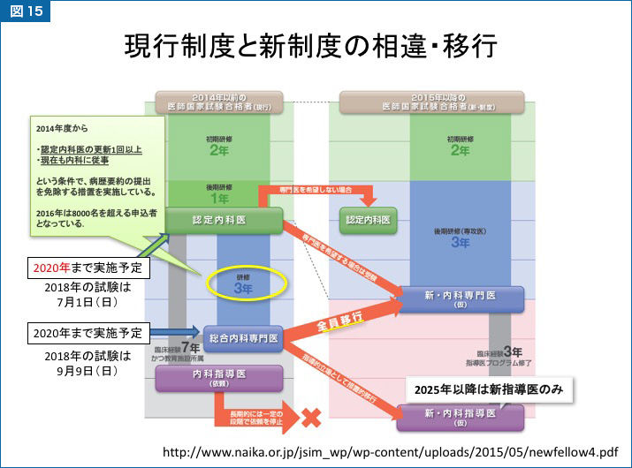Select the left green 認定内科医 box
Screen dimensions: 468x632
(224, 220)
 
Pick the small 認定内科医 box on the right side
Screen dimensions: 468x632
(367, 219)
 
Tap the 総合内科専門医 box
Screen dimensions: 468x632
(241, 338)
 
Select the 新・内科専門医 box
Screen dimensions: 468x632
(461, 297)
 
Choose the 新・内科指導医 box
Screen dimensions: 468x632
(461, 417)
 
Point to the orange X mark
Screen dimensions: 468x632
(310, 416)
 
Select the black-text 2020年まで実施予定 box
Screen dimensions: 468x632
(85, 333)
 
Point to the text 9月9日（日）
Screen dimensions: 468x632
(87, 371)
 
